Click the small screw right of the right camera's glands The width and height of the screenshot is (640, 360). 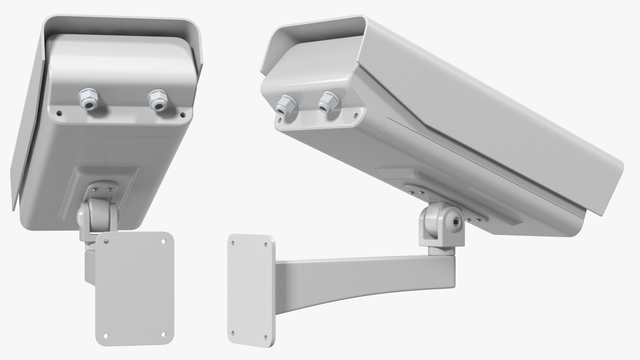pyautogui.click(x=356, y=116)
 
